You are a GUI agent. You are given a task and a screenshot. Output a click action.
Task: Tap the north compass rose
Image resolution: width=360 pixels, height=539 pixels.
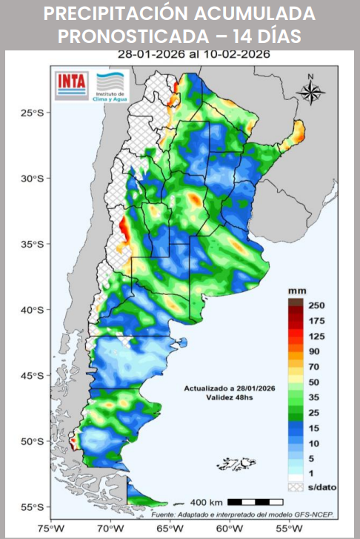point(311,90)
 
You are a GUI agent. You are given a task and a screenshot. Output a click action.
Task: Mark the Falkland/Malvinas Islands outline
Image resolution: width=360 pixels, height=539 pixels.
point(236,464)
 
